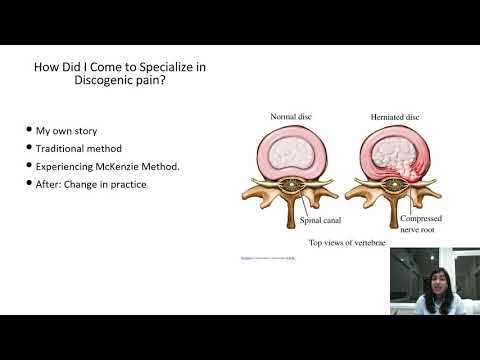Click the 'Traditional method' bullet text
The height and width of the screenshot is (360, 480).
pos(79,149)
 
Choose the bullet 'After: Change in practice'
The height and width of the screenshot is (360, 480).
pos(92,184)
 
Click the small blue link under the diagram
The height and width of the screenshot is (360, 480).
pos(268,258)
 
